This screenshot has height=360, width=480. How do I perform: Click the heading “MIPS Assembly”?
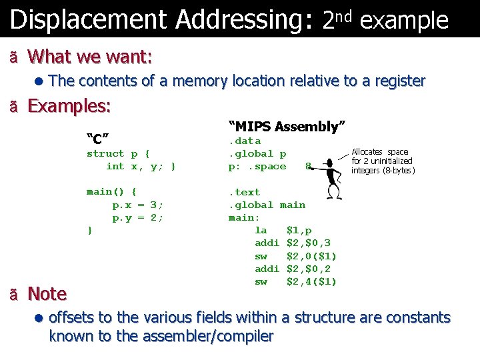pyautogui.click(x=287, y=126)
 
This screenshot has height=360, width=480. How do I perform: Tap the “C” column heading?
pyautogui.click(x=98, y=139)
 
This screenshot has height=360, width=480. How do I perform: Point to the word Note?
pyautogui.click(x=47, y=293)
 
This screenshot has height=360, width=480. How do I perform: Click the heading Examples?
pyautogui.click(x=69, y=106)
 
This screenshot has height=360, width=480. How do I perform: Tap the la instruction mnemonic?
pyautogui.click(x=261, y=231)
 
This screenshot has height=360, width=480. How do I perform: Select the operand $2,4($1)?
pyautogui.click(x=311, y=281)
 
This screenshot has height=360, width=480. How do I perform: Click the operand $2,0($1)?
pyautogui.click(x=311, y=256)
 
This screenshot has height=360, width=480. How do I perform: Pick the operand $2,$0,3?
pyautogui.click(x=308, y=243)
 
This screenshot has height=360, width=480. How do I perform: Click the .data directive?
pyautogui.click(x=245, y=141)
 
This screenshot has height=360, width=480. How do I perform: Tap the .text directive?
pyautogui.click(x=245, y=192)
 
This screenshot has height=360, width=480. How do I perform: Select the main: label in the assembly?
pyautogui.click(x=245, y=217)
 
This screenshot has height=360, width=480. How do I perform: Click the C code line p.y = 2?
pyautogui.click(x=137, y=217)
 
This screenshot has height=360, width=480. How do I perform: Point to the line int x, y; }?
pyautogui.click(x=141, y=166)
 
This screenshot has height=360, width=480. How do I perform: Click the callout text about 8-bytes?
pyautogui.click(x=383, y=161)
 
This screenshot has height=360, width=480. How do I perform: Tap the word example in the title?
pyautogui.click(x=404, y=21)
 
